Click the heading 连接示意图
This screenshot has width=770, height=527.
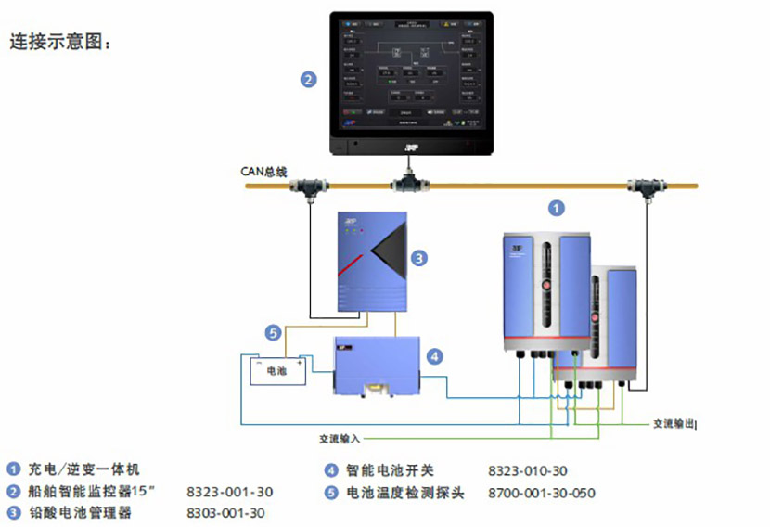(61, 43)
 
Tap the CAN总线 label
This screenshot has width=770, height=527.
(265, 172)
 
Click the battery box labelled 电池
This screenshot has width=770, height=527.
(276, 371)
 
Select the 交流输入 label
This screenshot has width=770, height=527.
(339, 438)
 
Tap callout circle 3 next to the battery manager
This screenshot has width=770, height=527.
(418, 258)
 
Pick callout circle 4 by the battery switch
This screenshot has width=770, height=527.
(434, 355)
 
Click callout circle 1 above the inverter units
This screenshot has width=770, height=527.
(556, 208)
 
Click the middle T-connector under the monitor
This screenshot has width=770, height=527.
(408, 185)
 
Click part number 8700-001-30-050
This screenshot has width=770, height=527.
(542, 493)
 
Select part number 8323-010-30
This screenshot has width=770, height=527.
(528, 471)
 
